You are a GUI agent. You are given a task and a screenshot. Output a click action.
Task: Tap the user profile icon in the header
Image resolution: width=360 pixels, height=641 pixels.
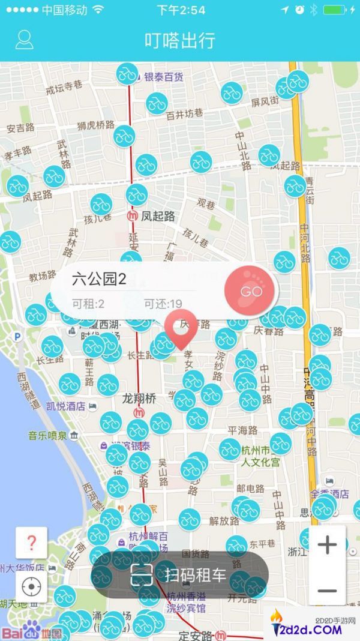coord(24,40)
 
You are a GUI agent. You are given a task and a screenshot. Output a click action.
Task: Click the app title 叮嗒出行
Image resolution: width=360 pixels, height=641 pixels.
coord(180,40)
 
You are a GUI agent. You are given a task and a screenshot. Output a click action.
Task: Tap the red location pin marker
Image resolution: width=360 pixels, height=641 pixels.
coord(181,330)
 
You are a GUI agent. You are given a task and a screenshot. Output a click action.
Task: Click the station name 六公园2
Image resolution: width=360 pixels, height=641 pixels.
coord(100,278)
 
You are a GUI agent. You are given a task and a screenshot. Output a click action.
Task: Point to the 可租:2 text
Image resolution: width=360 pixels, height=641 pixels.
coord(88,304)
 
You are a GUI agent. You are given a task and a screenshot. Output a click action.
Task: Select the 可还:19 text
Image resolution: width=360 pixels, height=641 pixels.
coord(163,304)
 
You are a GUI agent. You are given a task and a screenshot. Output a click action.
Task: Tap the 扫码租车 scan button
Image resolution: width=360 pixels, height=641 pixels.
coord(179,575)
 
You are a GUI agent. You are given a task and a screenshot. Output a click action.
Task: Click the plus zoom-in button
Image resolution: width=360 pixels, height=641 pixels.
coord(327,545)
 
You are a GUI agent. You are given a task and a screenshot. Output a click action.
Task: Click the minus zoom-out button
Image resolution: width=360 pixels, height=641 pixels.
coord(327,590)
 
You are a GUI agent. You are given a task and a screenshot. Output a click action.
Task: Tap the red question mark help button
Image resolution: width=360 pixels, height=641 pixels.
coord(32,543)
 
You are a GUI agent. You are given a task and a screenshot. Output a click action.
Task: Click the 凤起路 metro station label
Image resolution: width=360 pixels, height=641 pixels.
coord(157,216)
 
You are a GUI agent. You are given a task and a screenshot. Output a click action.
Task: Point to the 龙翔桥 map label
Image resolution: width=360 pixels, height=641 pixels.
coord(139,398)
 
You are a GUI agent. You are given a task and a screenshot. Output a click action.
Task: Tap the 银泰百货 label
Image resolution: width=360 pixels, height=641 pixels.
coord(163,77)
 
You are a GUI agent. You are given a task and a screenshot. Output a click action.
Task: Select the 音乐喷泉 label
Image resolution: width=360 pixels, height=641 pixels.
coord(48,435)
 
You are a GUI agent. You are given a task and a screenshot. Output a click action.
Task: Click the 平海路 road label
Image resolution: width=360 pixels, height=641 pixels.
coord(242,430)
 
